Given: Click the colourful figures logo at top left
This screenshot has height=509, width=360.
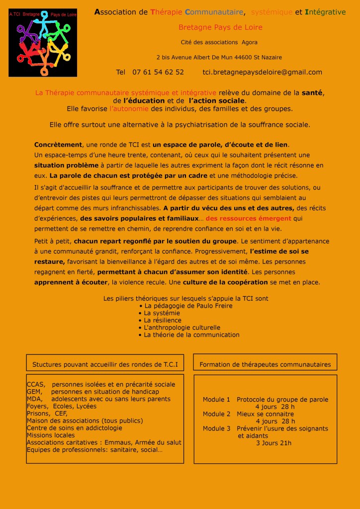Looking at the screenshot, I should click(x=43, y=43).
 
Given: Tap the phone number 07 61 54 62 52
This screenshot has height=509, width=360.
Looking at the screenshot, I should click(x=158, y=72).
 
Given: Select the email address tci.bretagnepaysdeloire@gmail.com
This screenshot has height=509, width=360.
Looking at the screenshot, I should click(x=262, y=72).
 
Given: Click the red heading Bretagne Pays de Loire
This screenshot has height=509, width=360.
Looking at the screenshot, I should click(x=220, y=27).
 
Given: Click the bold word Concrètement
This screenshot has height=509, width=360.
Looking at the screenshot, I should click(x=58, y=145).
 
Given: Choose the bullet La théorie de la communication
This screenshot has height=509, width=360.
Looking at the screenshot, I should click(x=191, y=335).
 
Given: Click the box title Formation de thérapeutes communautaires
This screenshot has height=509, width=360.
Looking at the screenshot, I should click(x=265, y=364).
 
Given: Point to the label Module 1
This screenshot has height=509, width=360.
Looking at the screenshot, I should click(x=216, y=399).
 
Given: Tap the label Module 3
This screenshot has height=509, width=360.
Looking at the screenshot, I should click(x=216, y=428).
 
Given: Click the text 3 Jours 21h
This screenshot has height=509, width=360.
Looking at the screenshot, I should click(x=273, y=443).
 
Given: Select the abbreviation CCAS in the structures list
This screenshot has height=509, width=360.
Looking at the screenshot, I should click(x=36, y=384).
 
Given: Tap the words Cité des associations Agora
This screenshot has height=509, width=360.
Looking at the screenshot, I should click(x=219, y=42).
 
